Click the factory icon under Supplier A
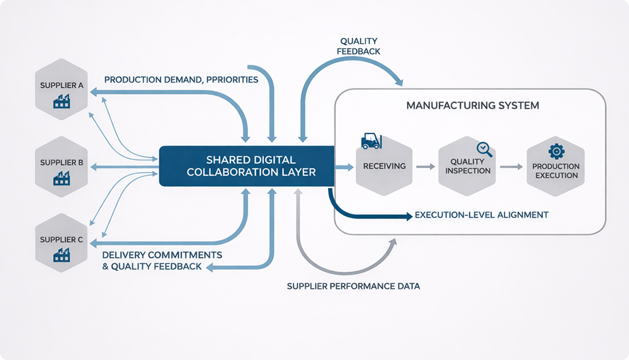(62, 101)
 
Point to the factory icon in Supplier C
(62, 254)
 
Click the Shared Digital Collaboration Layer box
(246, 166)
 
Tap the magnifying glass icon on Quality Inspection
(483, 149)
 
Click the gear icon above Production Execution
(556, 151)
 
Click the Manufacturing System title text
(472, 106)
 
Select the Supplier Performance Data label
(353, 286)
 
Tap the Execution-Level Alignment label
(481, 215)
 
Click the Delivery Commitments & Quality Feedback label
(161, 261)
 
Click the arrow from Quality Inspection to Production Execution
(511, 167)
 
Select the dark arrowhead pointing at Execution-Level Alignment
(408, 216)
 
